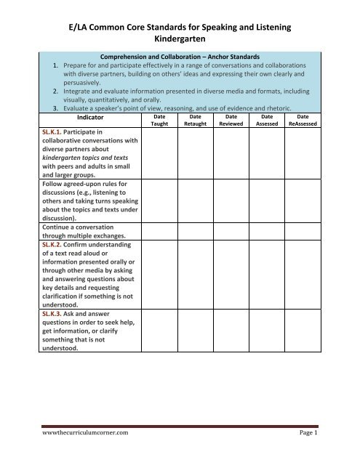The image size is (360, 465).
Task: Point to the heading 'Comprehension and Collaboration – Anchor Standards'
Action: [x=180, y=74]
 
